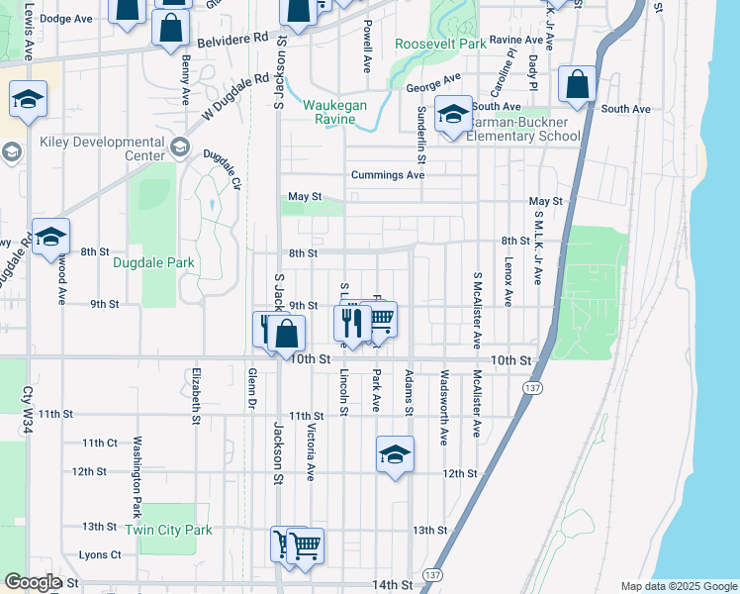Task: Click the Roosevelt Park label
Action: pos(440,45)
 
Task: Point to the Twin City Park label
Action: pos(168,530)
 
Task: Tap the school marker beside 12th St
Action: pos(395,454)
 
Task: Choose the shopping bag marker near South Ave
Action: pos(577,84)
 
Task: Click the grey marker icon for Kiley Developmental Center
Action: pos(179,148)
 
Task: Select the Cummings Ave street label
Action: pos(388,175)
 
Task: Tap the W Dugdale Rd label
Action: pos(235,96)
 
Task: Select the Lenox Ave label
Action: pos(509,282)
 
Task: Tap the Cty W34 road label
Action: pos(28,412)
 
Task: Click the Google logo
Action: pos(33,582)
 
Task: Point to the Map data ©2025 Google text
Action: pos(678,586)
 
